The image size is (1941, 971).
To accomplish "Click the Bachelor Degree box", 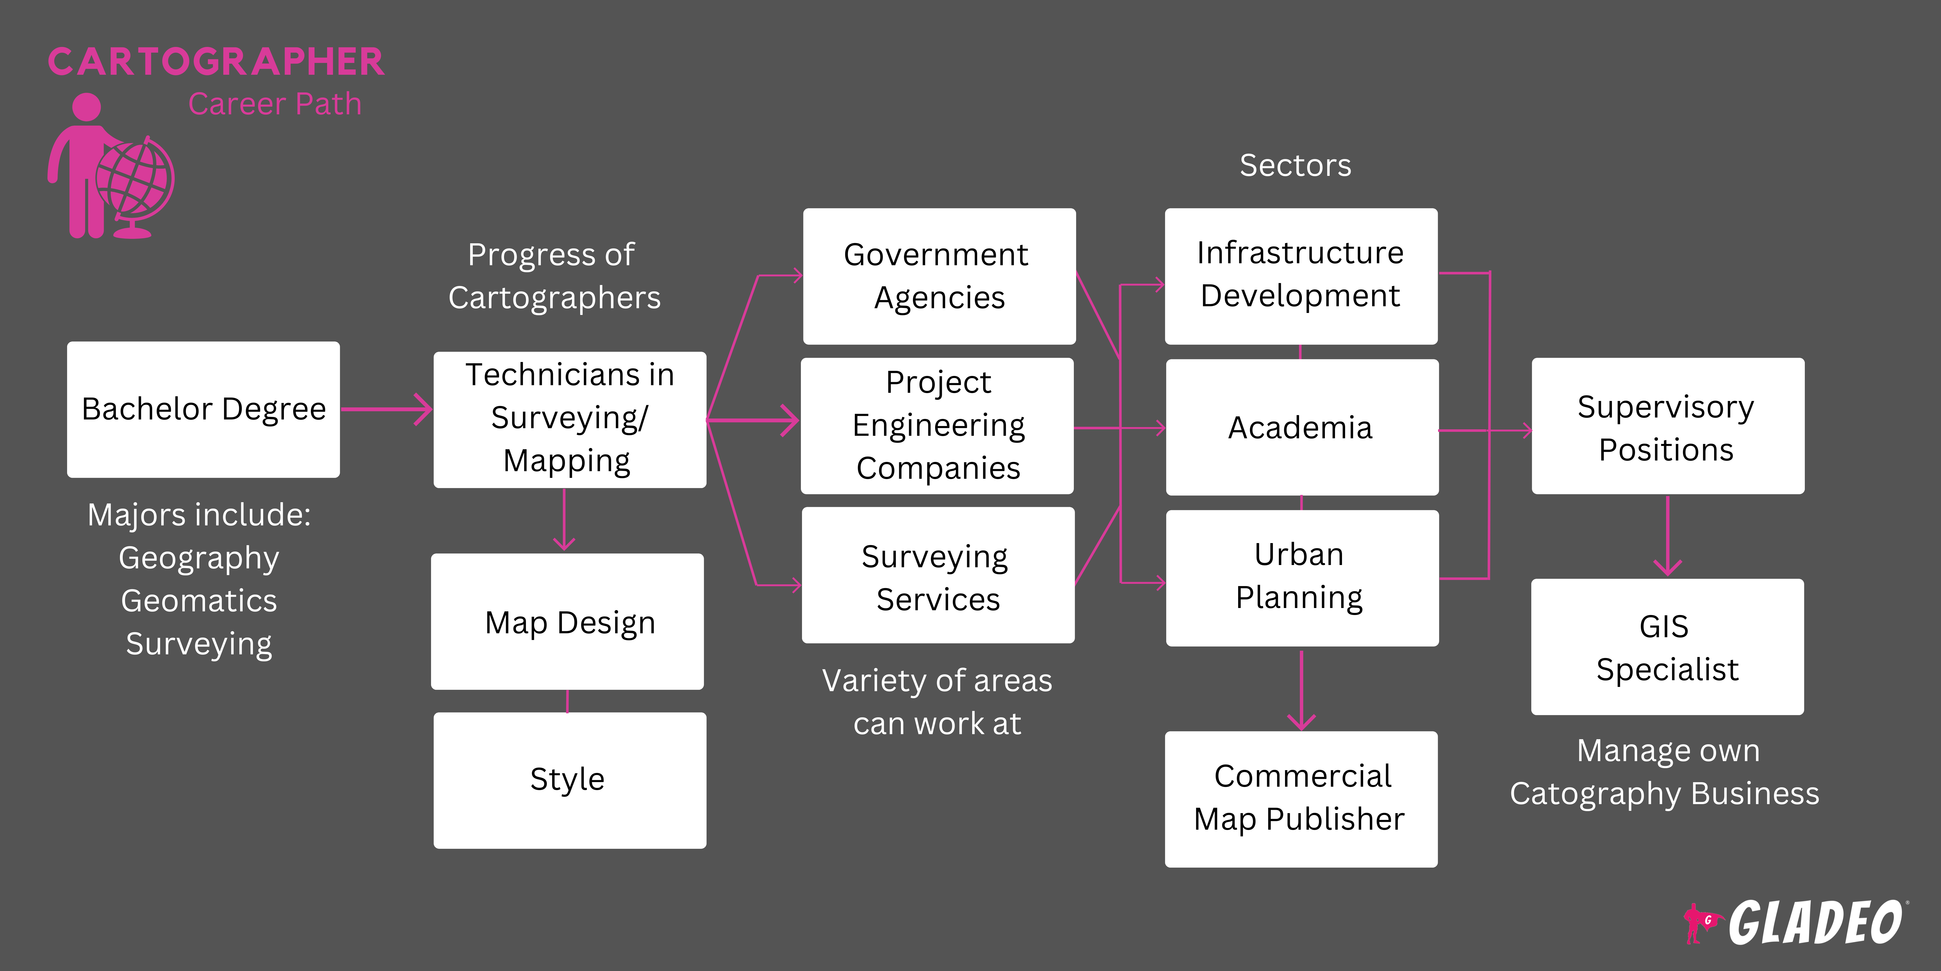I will [203, 409].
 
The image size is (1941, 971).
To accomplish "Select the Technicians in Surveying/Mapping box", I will [570, 419].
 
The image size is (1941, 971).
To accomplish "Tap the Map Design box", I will [567, 622].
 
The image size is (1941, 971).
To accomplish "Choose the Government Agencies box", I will [939, 276].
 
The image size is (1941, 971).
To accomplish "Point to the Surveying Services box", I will [938, 575].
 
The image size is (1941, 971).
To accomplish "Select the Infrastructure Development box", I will [1300, 276].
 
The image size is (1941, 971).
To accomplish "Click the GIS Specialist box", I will [1667, 647].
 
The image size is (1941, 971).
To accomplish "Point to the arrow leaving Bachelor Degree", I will [386, 409].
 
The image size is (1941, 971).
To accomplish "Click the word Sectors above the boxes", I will [1295, 165].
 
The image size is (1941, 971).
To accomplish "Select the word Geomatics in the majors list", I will [199, 601].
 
